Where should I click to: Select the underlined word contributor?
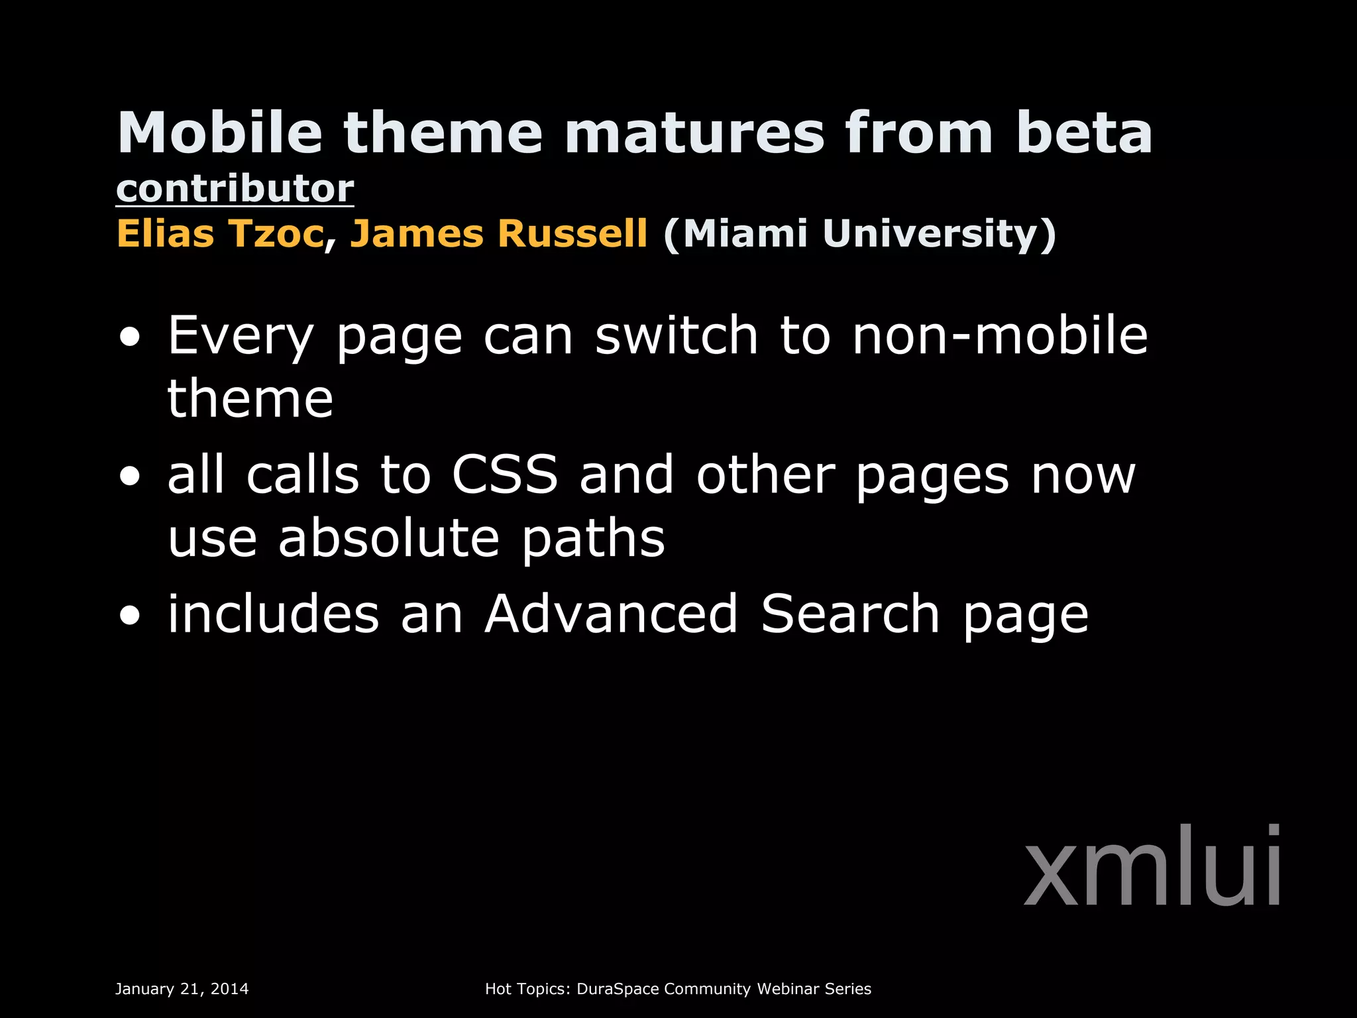[x=235, y=189]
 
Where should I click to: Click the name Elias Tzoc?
[x=220, y=234]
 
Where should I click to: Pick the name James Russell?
[x=499, y=234]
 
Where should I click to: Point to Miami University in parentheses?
[x=859, y=234]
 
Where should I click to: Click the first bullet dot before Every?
[x=131, y=337]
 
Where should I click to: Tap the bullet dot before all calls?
[x=131, y=477]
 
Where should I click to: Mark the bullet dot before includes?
[x=131, y=616]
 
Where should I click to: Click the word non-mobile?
[x=1000, y=335]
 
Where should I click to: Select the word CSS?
[x=505, y=475]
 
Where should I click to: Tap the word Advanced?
[x=611, y=614]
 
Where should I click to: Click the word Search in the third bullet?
[x=850, y=614]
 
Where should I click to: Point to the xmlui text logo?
[x=1152, y=866]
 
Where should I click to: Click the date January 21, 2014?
[x=182, y=989]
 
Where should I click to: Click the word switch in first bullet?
[x=676, y=335]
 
